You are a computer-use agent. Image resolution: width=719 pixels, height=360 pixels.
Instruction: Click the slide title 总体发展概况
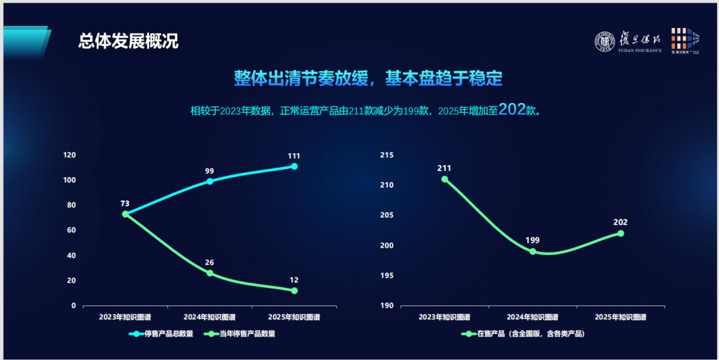128,41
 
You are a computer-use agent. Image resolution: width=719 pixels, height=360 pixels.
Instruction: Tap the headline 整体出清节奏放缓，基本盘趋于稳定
367,78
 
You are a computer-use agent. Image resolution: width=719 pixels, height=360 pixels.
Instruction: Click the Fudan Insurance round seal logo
605,43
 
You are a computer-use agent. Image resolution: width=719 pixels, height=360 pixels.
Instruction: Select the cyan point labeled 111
294,166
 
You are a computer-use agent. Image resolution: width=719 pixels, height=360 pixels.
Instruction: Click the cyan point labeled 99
210,181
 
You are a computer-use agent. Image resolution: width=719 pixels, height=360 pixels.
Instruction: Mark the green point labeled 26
210,273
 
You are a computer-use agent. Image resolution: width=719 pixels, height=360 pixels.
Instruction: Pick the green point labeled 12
294,291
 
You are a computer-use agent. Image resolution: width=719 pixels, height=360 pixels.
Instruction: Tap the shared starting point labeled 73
125,214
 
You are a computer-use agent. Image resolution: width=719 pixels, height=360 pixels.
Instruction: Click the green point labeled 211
445,179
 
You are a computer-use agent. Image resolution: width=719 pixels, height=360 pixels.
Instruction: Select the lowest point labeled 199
533,252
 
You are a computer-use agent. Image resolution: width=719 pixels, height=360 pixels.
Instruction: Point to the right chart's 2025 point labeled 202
620,233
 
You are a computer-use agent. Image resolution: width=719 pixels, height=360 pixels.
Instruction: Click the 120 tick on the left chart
69,155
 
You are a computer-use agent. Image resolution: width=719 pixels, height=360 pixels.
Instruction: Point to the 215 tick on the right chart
387,155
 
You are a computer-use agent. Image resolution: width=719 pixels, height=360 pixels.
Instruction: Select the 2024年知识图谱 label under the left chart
210,317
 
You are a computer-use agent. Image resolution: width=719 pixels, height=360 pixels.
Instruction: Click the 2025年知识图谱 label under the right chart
620,317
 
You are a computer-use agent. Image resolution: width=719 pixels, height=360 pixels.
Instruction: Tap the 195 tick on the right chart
387,275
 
